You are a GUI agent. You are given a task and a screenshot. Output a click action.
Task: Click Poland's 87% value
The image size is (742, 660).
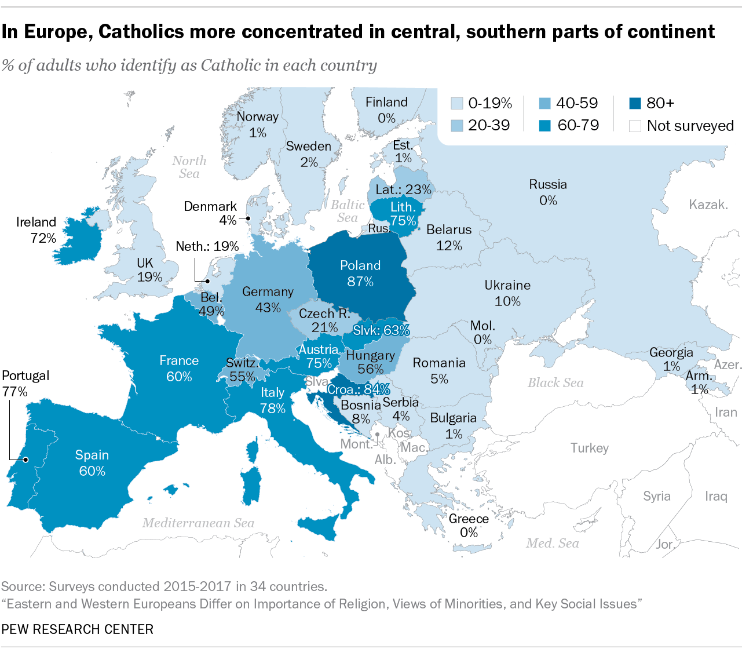pyautogui.click(x=360, y=282)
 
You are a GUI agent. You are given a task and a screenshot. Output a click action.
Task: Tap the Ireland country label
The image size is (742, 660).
pyautogui.click(x=36, y=223)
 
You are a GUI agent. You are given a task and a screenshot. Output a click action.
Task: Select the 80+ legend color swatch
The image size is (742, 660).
pyautogui.click(x=635, y=104)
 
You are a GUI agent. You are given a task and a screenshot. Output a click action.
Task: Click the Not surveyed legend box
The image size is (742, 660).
pyautogui.click(x=635, y=126)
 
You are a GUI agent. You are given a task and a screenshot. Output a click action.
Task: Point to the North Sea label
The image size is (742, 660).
pyautogui.click(x=189, y=167)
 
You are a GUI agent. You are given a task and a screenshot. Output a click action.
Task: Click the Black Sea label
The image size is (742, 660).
pyautogui.click(x=555, y=383)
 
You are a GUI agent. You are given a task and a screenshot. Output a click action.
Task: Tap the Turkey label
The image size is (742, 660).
pyautogui.click(x=589, y=448)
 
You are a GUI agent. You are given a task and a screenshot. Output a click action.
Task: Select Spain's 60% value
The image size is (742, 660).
pyautogui.click(x=92, y=471)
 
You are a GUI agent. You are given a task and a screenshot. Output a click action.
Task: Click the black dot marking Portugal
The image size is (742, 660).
pyautogui.click(x=25, y=460)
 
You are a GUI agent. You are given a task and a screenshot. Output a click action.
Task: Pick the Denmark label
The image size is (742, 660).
pyautogui.click(x=210, y=207)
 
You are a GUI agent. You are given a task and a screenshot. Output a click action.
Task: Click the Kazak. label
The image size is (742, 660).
pyautogui.click(x=708, y=205)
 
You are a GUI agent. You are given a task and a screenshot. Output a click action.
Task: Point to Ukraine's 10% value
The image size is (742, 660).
pyautogui.click(x=507, y=301)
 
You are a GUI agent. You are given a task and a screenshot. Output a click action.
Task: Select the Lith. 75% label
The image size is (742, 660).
pyautogui.click(x=403, y=214)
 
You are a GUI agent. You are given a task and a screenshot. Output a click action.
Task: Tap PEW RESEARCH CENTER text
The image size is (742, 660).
pyautogui.click(x=77, y=629)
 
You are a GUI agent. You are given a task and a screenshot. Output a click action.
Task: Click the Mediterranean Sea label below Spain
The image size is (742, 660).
pyautogui.click(x=198, y=523)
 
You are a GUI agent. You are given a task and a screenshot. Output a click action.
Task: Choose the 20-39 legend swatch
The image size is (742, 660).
pyautogui.click(x=456, y=126)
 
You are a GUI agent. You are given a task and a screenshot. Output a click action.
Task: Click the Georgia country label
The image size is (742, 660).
pyautogui.click(x=671, y=352)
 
